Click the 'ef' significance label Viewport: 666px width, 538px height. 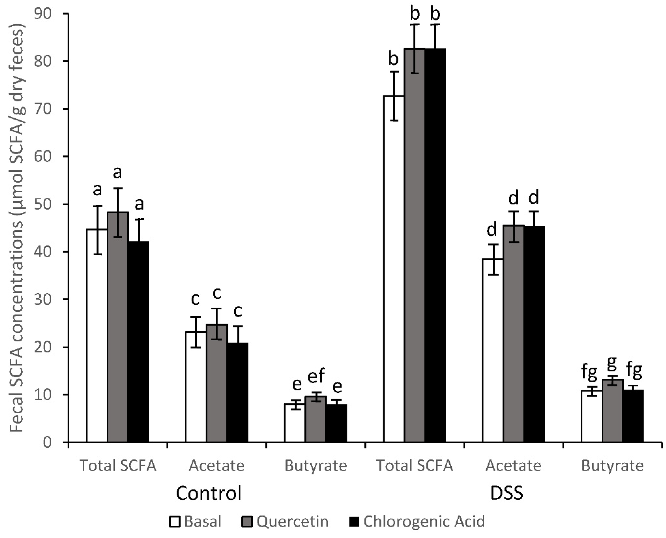point(316,376)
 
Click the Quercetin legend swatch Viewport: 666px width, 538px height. point(247,522)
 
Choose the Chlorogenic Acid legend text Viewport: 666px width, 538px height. point(424,522)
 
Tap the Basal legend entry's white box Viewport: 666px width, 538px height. point(175,522)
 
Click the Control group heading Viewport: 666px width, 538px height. point(209,493)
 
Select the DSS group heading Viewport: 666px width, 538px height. point(507,493)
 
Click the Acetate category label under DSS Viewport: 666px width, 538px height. point(513,465)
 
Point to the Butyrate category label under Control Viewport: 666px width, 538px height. point(316,465)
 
